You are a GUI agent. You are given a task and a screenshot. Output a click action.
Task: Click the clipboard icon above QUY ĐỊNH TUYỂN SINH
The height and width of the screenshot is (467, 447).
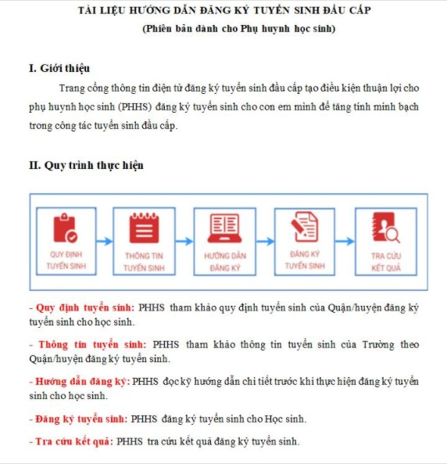point(66,228)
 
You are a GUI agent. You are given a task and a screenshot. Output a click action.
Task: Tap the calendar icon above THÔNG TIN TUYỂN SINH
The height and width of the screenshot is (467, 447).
point(144,228)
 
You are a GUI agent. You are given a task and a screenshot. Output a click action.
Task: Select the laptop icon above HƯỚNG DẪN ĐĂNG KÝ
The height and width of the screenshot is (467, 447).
point(225,228)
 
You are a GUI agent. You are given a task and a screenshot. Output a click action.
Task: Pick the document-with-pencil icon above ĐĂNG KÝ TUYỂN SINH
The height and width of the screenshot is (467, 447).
point(305,227)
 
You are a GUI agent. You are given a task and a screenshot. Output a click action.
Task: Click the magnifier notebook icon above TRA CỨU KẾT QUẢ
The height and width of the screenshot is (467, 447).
point(386,228)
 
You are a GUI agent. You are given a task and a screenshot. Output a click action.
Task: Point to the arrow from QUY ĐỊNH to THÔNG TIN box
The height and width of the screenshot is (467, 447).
point(105,241)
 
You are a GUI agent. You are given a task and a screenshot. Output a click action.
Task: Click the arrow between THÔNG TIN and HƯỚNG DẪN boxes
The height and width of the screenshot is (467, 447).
point(184,241)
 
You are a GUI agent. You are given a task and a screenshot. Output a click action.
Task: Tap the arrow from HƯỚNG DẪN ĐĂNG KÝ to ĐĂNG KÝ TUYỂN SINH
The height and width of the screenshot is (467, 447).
point(265,241)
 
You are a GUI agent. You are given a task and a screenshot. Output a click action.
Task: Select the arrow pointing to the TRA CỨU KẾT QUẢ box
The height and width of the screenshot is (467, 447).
point(345,241)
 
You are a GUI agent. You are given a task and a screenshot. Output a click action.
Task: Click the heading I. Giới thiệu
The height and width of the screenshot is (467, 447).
point(59,68)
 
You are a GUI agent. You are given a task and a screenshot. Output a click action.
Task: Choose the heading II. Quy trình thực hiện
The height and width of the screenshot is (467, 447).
point(86,165)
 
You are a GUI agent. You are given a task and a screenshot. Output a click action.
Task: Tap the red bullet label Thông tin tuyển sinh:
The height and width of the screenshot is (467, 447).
point(92,345)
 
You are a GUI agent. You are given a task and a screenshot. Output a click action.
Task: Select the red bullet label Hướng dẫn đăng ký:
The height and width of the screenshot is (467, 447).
point(83,382)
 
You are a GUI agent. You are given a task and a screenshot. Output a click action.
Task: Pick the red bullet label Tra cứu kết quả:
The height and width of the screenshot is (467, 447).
point(74,441)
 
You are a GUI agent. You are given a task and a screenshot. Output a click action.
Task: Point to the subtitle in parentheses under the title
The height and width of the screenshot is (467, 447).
point(239,29)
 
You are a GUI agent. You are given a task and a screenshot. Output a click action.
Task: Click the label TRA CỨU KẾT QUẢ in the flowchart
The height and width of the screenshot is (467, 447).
point(386,262)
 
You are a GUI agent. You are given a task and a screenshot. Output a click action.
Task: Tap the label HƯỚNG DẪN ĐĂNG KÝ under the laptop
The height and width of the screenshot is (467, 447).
point(225,262)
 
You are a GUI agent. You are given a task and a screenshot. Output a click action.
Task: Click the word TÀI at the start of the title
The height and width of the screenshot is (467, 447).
point(87,10)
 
